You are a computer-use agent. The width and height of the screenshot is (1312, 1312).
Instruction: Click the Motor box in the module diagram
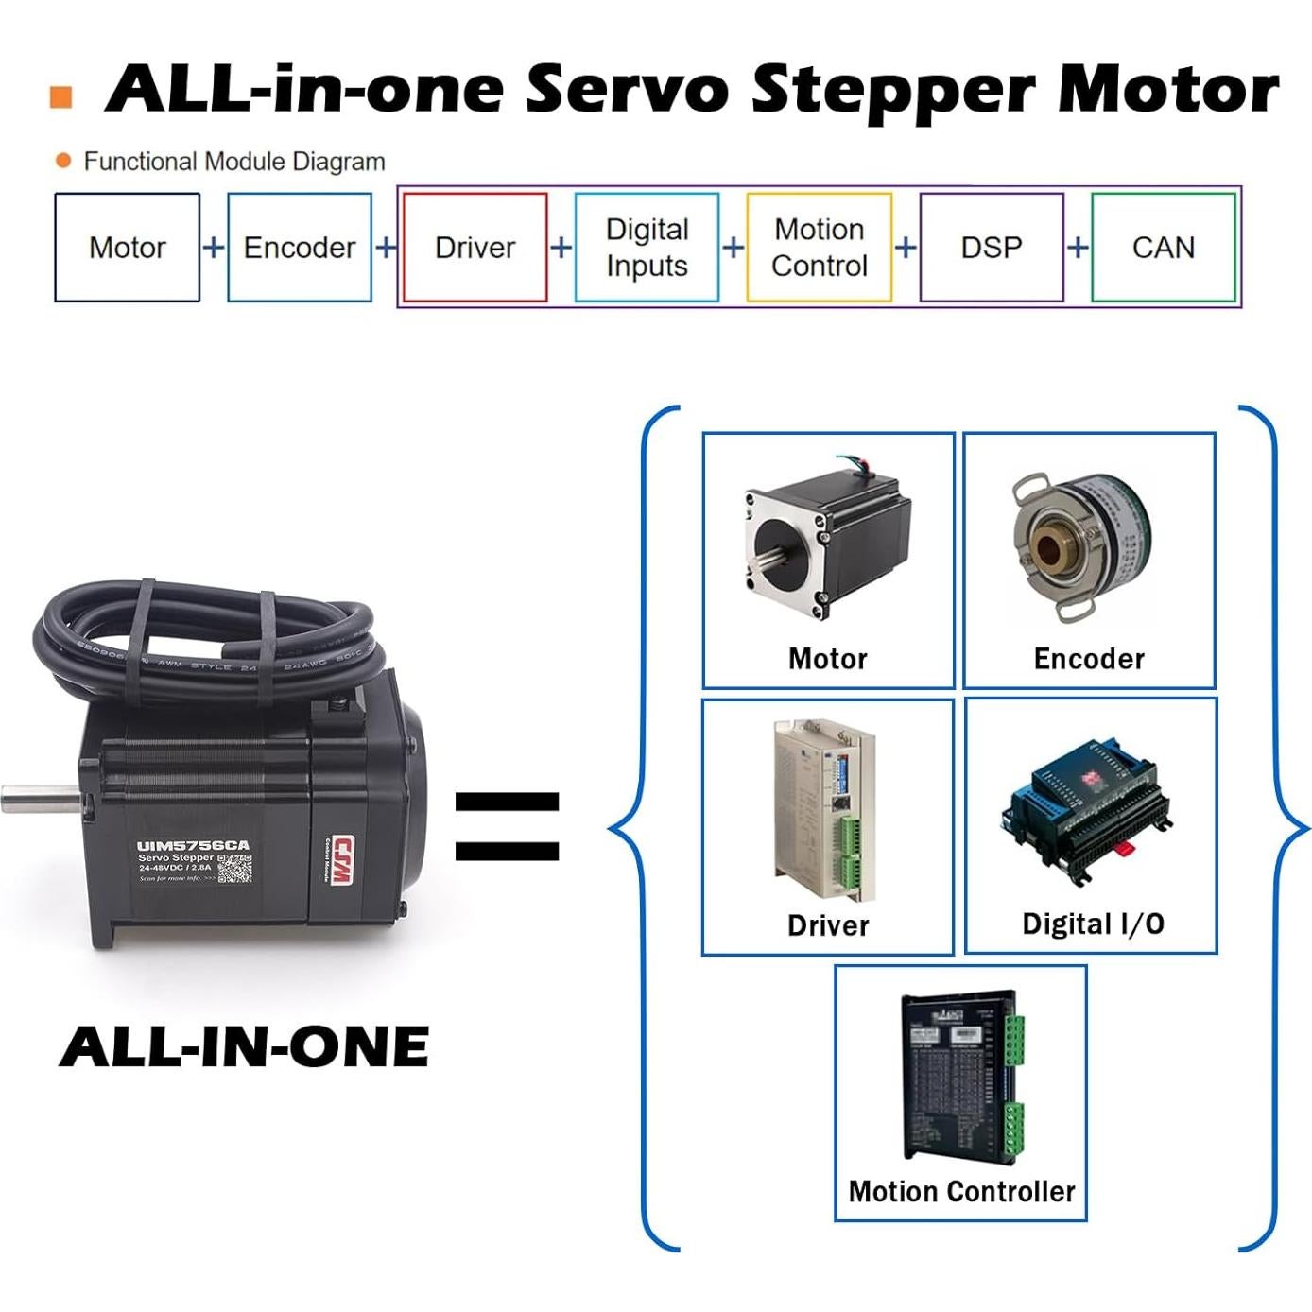pos(127,248)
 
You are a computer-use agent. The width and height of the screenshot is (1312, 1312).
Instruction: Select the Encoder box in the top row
pos(299,248)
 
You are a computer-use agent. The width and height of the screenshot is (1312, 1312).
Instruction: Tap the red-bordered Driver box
pos(475,248)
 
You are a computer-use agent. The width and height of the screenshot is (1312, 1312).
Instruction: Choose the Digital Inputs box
pos(647,248)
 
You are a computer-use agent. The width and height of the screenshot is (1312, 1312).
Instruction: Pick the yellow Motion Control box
pos(819,248)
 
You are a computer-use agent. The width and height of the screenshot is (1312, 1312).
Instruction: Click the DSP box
pos(991,248)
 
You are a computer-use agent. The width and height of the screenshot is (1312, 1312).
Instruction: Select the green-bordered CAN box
pos(1163,248)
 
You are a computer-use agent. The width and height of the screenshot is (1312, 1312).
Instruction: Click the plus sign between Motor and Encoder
pos(214,248)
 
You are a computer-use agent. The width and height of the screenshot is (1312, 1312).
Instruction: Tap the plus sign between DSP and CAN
pos(1078,248)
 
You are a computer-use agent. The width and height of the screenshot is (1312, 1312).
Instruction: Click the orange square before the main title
pos(60,97)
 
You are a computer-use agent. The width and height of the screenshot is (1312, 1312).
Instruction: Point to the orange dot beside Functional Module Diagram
pos(63,161)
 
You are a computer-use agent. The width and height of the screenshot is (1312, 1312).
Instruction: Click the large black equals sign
pos(507,826)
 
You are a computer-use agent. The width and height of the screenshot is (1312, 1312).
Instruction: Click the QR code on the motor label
pos(235,868)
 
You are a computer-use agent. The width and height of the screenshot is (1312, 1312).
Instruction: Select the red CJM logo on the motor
pos(341,861)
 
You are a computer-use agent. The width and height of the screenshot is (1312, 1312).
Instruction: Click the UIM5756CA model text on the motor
pos(193,845)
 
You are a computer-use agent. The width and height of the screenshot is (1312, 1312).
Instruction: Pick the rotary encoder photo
pos(1082,545)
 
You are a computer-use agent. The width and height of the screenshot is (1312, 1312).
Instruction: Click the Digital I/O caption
pos(1093,924)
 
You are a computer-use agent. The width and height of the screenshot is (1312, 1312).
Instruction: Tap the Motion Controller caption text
pos(961,1191)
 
